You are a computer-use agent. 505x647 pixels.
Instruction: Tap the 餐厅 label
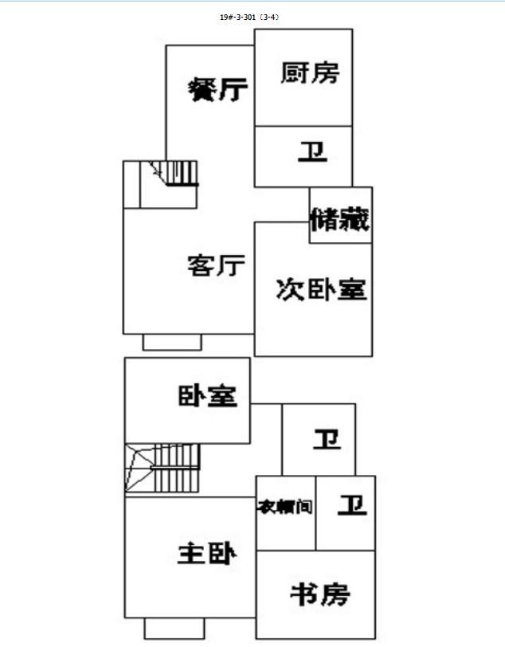[217, 89]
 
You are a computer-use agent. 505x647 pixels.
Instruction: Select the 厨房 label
[310, 73]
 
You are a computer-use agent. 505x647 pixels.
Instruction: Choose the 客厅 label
[216, 265]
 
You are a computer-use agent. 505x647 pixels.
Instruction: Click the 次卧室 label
[321, 288]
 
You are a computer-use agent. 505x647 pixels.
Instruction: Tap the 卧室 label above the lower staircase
[207, 395]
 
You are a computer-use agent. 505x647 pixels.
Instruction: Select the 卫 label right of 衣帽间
[351, 505]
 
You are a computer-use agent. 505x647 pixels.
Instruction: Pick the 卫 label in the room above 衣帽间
[327, 439]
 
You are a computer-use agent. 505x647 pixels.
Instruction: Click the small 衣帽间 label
[284, 507]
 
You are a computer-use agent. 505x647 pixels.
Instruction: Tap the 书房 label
[319, 594]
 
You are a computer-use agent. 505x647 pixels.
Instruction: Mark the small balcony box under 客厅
[171, 342]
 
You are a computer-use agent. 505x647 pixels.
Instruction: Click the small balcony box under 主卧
[174, 627]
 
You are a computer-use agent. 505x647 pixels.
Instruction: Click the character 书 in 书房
[303, 594]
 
